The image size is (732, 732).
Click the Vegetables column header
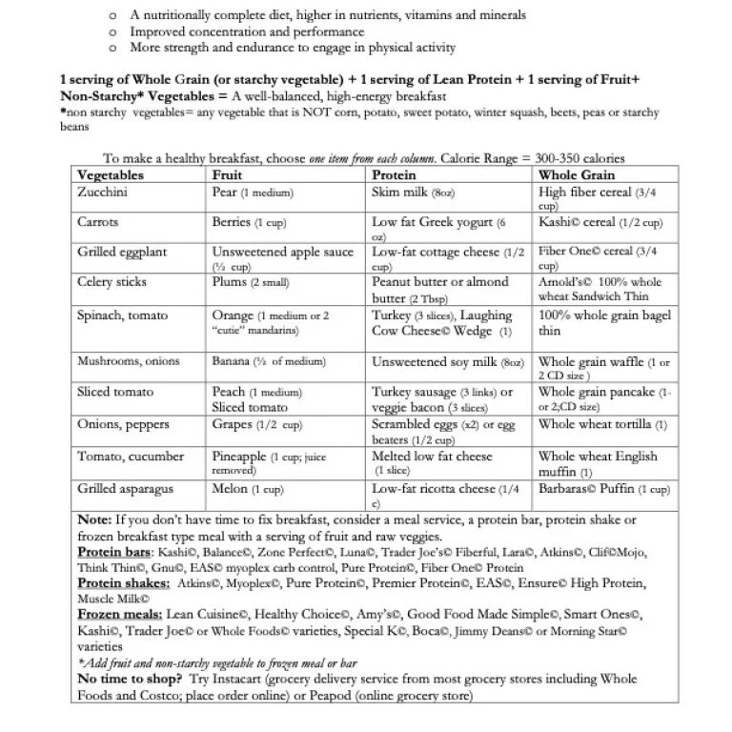pyautogui.click(x=111, y=175)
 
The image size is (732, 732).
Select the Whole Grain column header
pyautogui.click(x=576, y=175)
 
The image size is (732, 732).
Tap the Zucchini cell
pyautogui.click(x=103, y=192)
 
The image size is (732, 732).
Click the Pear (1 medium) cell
pyautogui.click(x=252, y=192)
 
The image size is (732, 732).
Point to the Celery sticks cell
pyautogui.click(x=112, y=283)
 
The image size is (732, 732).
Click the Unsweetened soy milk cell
pyautogui.click(x=447, y=362)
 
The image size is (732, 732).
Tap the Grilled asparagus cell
pyautogui.click(x=125, y=489)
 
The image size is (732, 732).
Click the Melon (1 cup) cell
pyautogui.click(x=247, y=489)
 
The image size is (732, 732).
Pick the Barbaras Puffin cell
pyautogui.click(x=603, y=489)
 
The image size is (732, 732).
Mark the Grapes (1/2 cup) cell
pyautogui.click(x=255, y=425)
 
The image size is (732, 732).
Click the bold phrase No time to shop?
pyautogui.click(x=130, y=680)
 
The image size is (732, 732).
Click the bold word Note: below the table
pyautogui.click(x=94, y=520)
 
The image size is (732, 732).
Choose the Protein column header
pyautogui.click(x=394, y=175)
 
